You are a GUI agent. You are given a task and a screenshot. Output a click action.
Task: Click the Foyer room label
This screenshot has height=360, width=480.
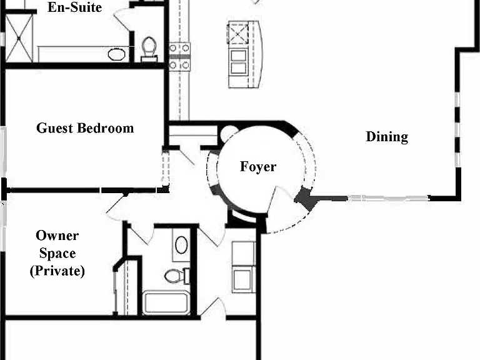(258, 167)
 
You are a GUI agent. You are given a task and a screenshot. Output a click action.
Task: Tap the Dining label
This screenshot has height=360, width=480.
(387, 137)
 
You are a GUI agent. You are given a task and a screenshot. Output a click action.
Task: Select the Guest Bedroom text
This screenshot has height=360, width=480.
(85, 128)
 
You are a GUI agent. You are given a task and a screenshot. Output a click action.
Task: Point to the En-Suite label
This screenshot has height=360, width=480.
(75, 7)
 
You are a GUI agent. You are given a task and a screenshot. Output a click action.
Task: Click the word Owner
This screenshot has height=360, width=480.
(57, 236)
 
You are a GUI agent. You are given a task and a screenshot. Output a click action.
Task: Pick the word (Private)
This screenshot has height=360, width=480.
(57, 271)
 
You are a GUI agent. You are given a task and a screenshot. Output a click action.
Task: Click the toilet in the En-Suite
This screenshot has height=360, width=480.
(149, 49)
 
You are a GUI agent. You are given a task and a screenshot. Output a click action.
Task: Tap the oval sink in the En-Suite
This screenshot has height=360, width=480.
(117, 54)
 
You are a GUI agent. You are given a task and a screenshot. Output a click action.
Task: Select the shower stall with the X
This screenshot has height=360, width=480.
(19, 38)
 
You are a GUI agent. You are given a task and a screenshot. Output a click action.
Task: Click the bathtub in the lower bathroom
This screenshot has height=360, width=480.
(166, 302)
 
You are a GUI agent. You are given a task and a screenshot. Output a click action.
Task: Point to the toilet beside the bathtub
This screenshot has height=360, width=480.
(177, 276)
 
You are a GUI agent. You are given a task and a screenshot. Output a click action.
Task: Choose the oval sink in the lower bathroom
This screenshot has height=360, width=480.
(181, 244)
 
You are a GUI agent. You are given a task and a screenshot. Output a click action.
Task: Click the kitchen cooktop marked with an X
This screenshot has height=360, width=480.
(238, 33)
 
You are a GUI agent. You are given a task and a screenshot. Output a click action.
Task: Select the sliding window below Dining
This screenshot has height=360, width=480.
(389, 198)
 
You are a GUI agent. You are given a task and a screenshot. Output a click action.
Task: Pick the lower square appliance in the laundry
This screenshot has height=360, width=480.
(244, 279)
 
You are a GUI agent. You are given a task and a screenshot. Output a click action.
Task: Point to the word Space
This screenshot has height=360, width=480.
(57, 254)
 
